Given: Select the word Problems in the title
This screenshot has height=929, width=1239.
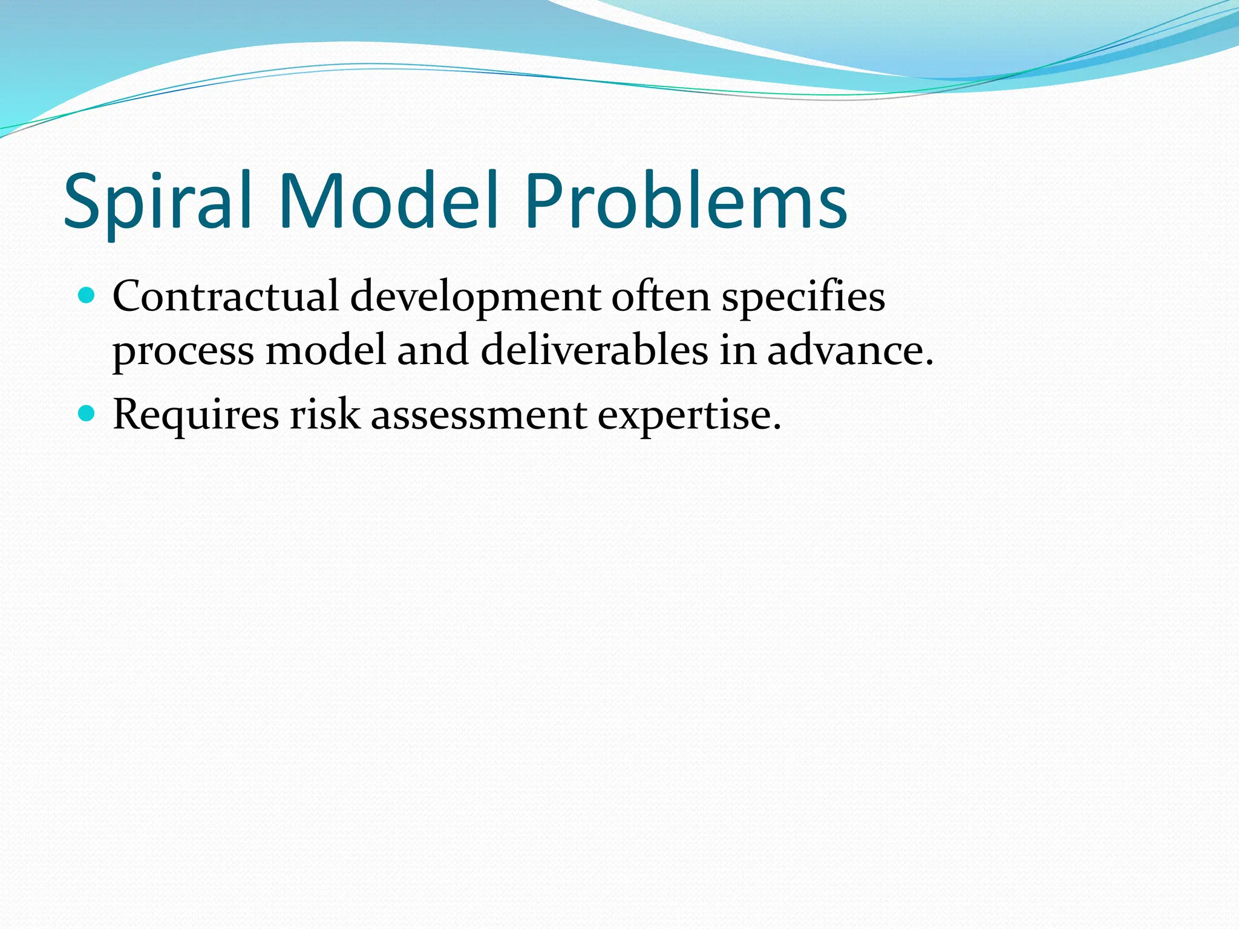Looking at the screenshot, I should (x=685, y=201).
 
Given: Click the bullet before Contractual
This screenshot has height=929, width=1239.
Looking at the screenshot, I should (x=88, y=296).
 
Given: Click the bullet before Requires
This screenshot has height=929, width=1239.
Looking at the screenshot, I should (x=88, y=414).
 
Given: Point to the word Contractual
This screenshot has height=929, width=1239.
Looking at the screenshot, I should (x=226, y=297).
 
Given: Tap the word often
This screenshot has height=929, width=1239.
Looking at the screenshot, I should (x=660, y=297).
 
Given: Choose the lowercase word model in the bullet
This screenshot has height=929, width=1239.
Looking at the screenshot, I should (x=325, y=350).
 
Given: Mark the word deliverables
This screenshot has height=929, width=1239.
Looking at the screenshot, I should (x=594, y=350).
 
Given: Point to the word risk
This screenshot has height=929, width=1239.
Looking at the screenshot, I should (x=324, y=415).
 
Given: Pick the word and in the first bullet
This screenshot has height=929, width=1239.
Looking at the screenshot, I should (x=433, y=350).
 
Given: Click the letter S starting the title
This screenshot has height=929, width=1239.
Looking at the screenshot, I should (x=85, y=201).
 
